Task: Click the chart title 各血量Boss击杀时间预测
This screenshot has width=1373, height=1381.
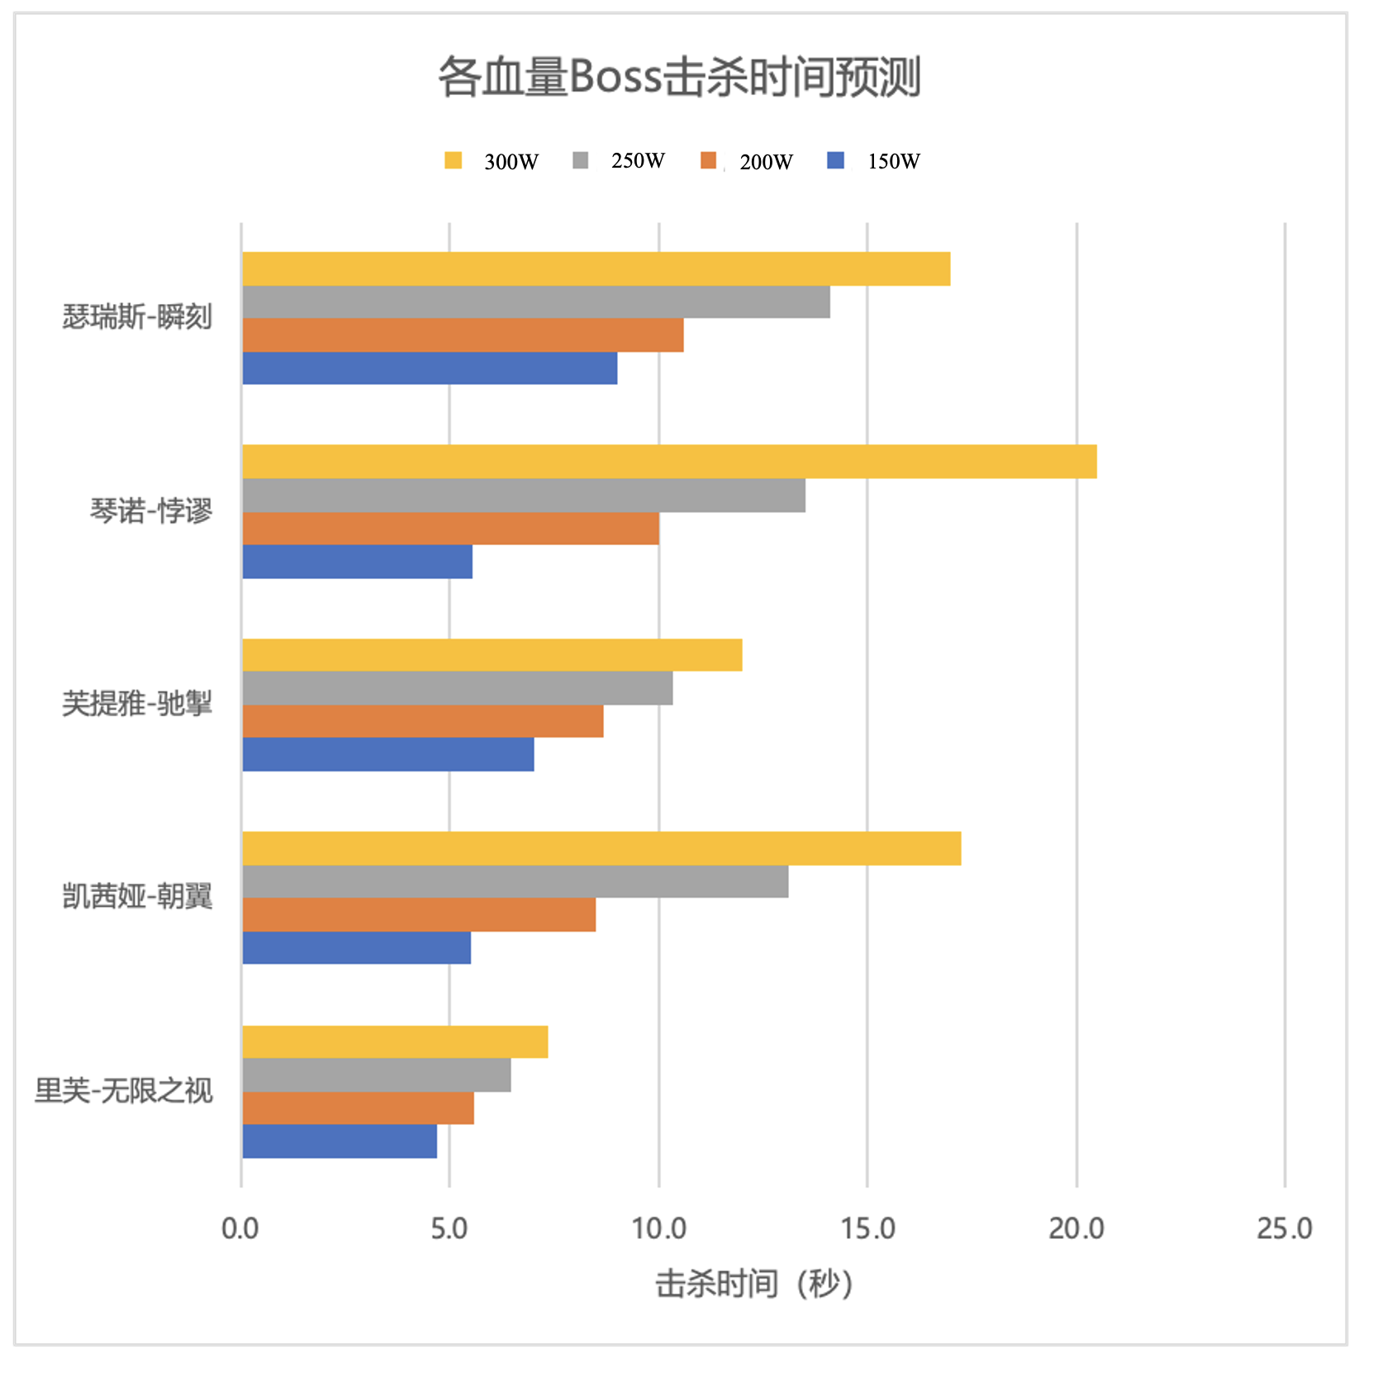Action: click(x=679, y=78)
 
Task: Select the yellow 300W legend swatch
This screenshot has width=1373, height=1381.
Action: click(x=453, y=160)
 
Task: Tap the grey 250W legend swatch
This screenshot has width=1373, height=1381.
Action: click(x=581, y=160)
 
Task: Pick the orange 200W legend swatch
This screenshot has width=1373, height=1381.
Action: click(x=708, y=160)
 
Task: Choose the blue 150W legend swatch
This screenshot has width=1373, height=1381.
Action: click(x=835, y=160)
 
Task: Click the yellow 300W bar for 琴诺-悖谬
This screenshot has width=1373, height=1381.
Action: click(x=669, y=462)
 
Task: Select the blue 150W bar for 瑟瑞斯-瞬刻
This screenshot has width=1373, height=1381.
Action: click(x=430, y=368)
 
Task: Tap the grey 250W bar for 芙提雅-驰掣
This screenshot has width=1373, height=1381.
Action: click(x=458, y=688)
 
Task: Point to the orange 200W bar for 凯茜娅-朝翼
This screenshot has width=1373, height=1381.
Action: click(x=419, y=915)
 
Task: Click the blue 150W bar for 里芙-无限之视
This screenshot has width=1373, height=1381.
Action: click(x=340, y=1141)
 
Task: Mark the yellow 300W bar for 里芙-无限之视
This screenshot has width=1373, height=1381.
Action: click(x=395, y=1042)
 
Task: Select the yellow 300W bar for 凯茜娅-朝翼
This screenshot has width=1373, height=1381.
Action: click(x=601, y=848)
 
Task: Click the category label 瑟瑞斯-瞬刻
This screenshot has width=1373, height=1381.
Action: click(x=137, y=316)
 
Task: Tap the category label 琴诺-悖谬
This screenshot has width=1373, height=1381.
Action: click(x=151, y=510)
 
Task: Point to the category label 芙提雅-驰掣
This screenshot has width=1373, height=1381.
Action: click(x=137, y=704)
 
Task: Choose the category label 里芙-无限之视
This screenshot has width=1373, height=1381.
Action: click(x=124, y=1091)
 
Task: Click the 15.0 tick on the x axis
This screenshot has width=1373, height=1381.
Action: click(x=867, y=1229)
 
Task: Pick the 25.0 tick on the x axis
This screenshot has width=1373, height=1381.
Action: click(x=1284, y=1229)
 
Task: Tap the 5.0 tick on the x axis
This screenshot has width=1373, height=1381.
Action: click(x=449, y=1229)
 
